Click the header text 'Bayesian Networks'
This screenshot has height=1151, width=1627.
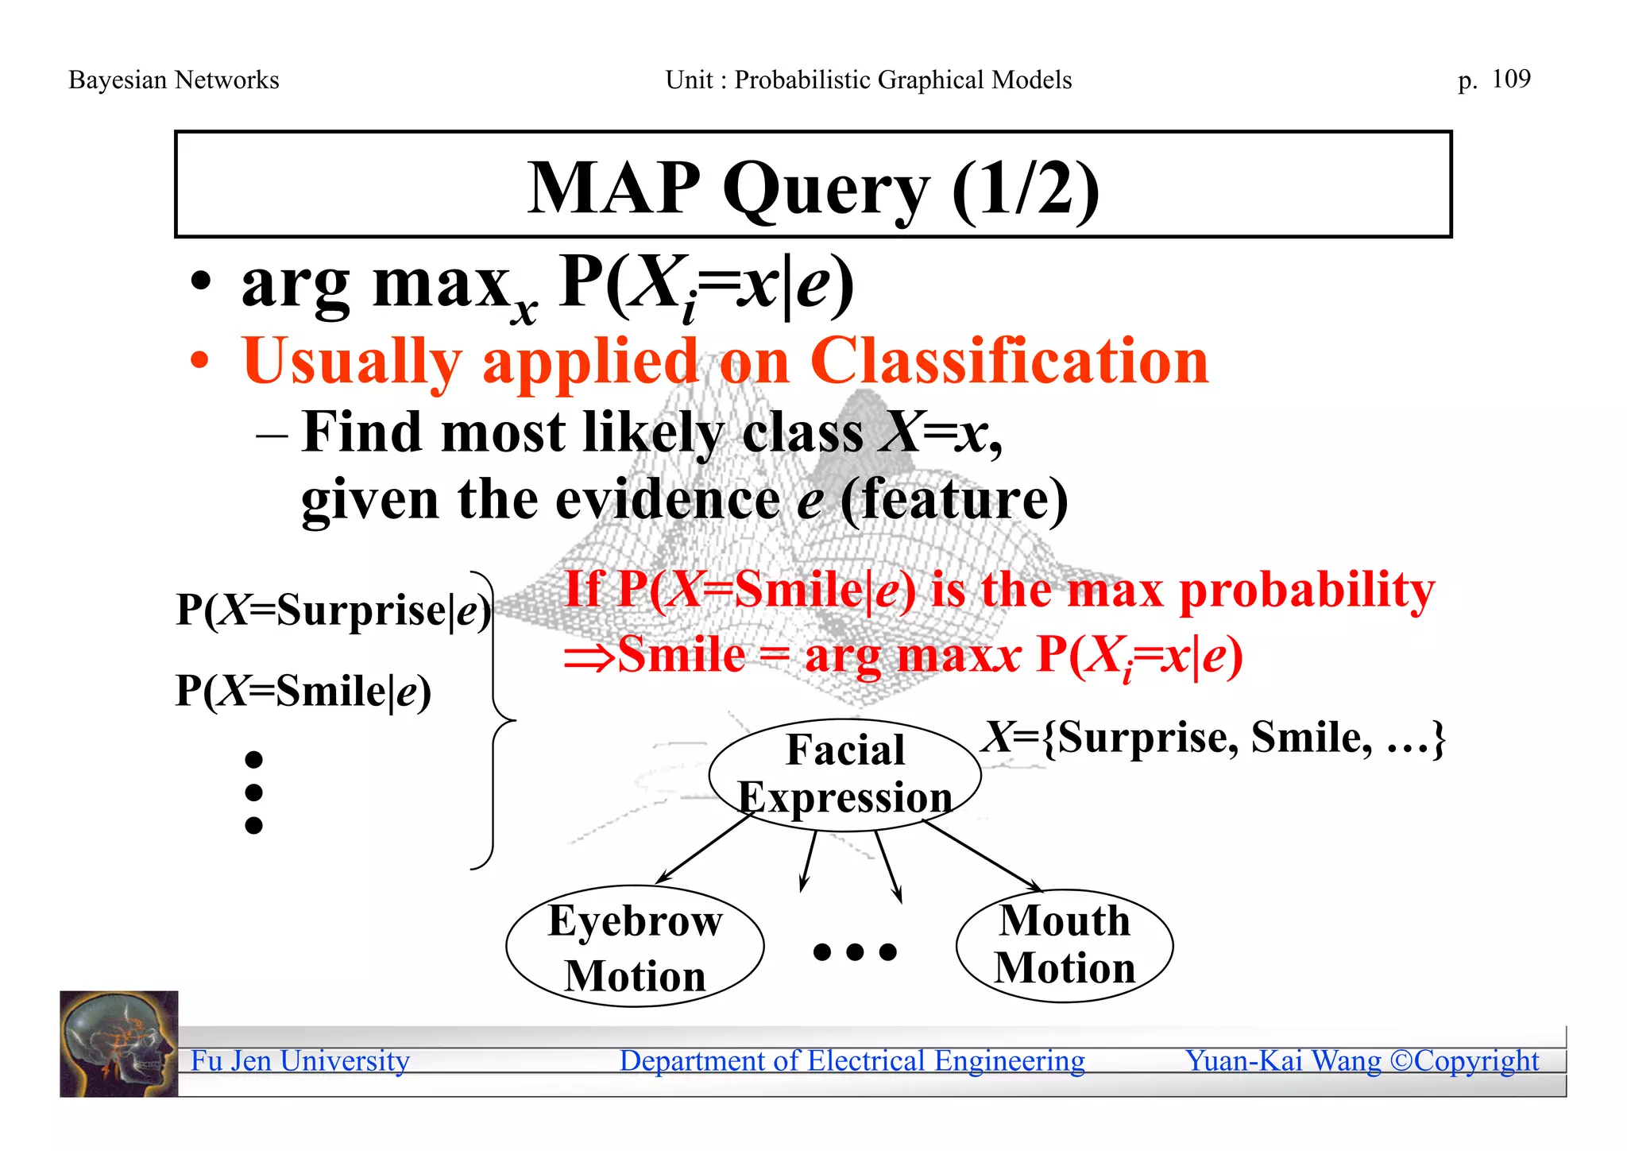(174, 79)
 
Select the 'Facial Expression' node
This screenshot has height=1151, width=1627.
(844, 774)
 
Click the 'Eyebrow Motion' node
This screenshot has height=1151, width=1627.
(635, 946)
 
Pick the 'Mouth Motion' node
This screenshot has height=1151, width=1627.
(1065, 944)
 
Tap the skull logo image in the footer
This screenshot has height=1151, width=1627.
(119, 1044)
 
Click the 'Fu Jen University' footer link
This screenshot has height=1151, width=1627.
(300, 1060)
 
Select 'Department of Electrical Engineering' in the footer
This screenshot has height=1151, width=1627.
(852, 1060)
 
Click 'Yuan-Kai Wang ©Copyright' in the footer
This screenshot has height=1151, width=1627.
(1362, 1060)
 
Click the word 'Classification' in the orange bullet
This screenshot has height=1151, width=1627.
(1009, 361)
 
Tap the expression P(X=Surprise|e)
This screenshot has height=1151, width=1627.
(334, 610)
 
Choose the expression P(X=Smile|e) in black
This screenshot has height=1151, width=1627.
(303, 690)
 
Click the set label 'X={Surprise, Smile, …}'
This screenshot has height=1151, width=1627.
(1213, 738)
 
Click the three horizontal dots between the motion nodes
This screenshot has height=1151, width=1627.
(855, 951)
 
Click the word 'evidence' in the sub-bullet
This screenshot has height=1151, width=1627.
(666, 500)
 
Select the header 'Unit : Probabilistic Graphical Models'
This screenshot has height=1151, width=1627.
(868, 79)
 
